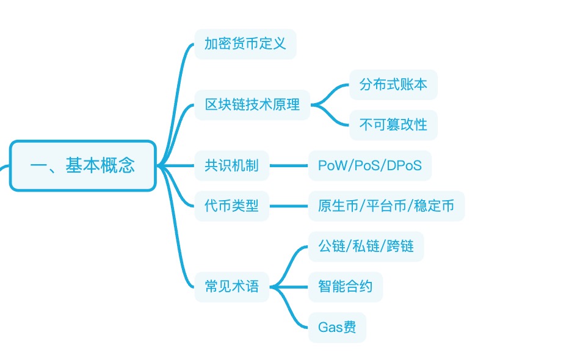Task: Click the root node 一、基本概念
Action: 83,165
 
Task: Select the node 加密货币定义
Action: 245,44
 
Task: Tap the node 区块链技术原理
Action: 252,105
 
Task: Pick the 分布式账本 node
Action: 393,85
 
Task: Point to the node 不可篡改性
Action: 393,125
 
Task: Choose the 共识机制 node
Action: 231,165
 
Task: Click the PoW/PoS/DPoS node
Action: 369,165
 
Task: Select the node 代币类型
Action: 231,206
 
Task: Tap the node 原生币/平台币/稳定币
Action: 386,206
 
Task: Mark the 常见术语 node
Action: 231,286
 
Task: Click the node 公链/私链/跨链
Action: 366,246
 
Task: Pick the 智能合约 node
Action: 345,286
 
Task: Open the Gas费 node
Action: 336,327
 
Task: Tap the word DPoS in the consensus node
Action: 404,165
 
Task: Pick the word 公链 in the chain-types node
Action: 331,246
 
